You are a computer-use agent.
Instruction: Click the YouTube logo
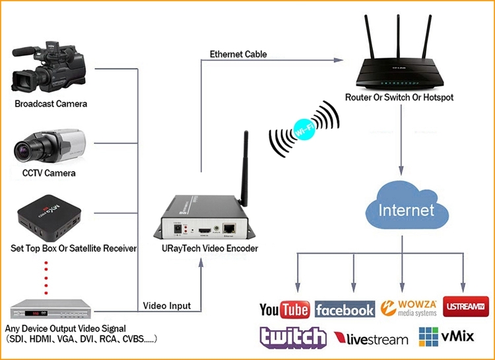[x=284, y=309]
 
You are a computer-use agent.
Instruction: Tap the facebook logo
[x=345, y=309]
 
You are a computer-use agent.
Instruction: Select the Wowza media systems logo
[x=409, y=308]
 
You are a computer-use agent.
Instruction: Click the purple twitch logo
[x=292, y=338]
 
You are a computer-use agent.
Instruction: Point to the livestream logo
[x=371, y=339]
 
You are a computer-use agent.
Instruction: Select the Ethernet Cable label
[x=238, y=54]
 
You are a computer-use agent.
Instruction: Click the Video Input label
[x=167, y=306]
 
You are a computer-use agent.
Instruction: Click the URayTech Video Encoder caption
[x=210, y=248]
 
